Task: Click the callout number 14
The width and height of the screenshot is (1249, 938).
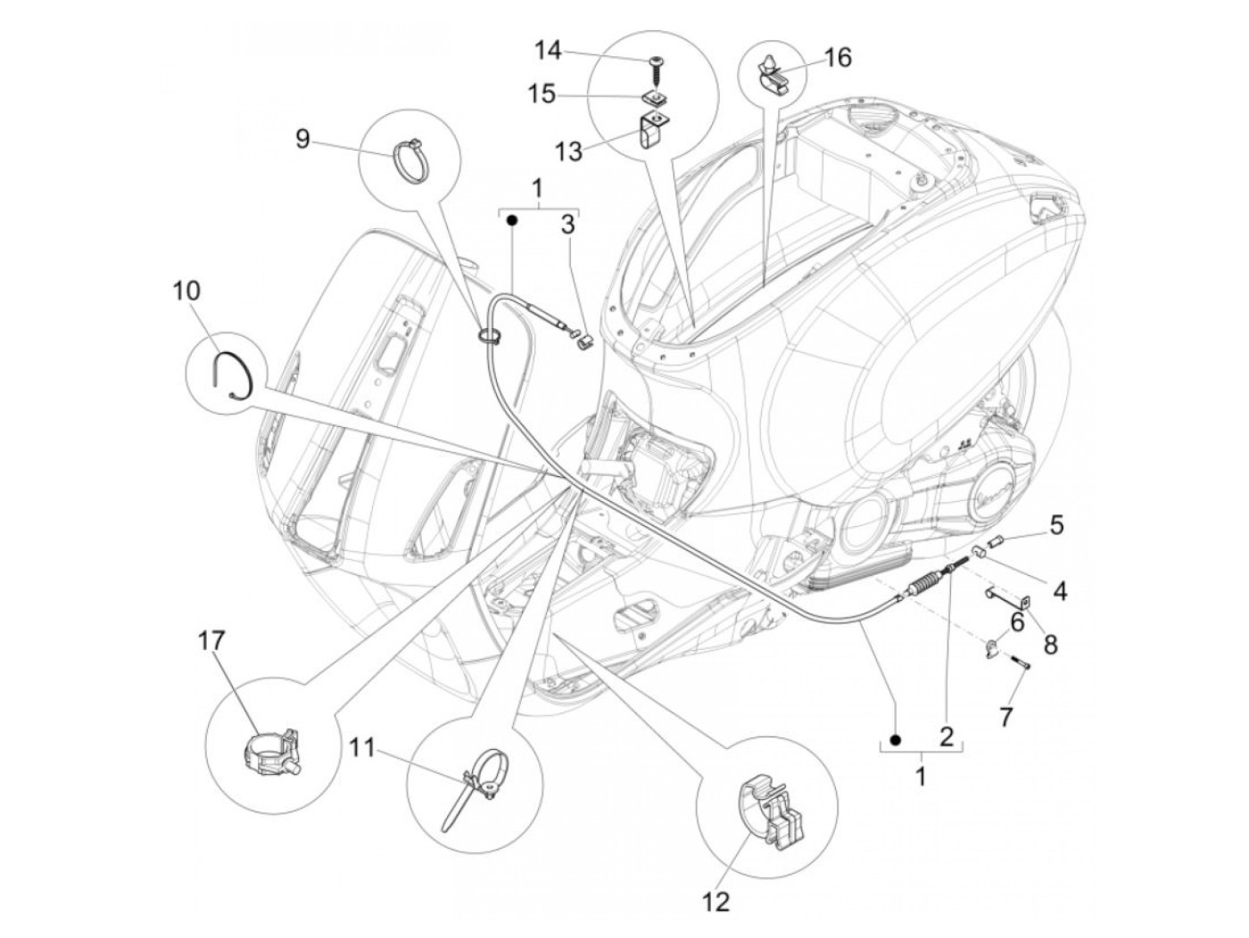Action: [x=548, y=51]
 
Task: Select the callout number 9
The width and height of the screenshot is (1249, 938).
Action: [x=303, y=140]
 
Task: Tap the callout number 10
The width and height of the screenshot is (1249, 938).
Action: [x=187, y=291]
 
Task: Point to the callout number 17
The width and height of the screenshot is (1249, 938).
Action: [x=211, y=641]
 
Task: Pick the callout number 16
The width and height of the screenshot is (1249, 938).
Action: [x=837, y=58]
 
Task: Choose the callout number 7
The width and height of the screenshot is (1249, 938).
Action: [x=1005, y=714]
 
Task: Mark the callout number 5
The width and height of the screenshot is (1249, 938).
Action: [x=1055, y=524]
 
